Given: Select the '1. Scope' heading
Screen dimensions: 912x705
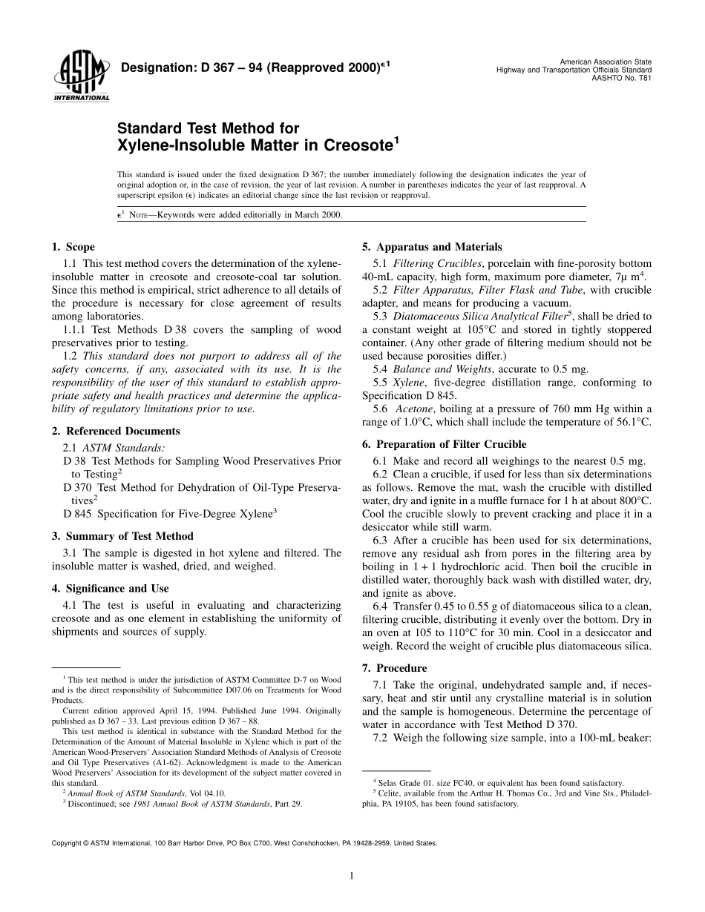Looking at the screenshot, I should pyautogui.click(x=73, y=247).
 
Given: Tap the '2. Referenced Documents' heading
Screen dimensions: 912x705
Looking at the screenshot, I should pyautogui.click(x=116, y=431).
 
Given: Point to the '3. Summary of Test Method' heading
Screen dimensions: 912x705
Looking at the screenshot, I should pyautogui.click(x=122, y=536).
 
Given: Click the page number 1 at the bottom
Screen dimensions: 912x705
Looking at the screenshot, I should pyautogui.click(x=352, y=876).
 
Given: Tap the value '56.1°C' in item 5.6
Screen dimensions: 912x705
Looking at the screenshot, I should pyautogui.click(x=632, y=422).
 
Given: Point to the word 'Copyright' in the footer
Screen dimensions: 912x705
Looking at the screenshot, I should pyautogui.click(x=65, y=843).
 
